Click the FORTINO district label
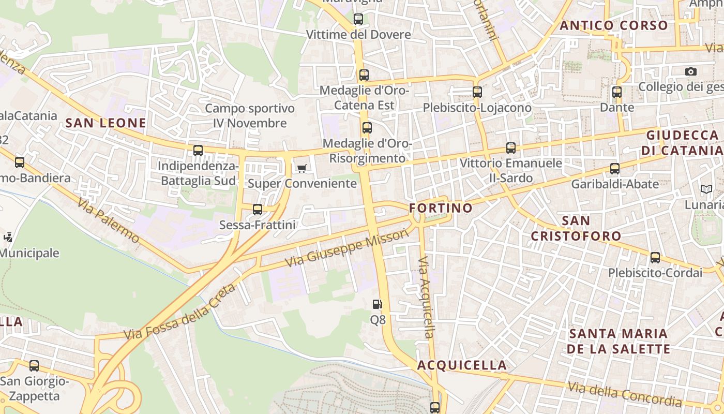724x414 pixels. (x=441, y=208)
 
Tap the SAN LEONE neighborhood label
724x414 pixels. (x=105, y=123)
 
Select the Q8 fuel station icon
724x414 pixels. (x=378, y=304)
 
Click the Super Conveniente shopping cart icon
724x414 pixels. (x=302, y=168)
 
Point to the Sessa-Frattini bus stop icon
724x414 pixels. (x=258, y=210)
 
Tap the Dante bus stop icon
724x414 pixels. (x=617, y=93)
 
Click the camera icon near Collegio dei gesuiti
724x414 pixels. (x=691, y=71)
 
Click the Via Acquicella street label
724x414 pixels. (x=427, y=297)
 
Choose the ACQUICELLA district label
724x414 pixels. (x=462, y=365)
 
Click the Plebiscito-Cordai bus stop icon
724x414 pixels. (x=655, y=258)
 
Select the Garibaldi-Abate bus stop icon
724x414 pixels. (x=615, y=169)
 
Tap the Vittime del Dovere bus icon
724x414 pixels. (x=358, y=20)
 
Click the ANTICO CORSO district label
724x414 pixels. (x=614, y=25)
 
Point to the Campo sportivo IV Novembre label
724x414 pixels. (x=250, y=116)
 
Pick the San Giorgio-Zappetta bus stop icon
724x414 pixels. (x=34, y=366)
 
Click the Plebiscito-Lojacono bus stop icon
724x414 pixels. (x=477, y=93)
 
